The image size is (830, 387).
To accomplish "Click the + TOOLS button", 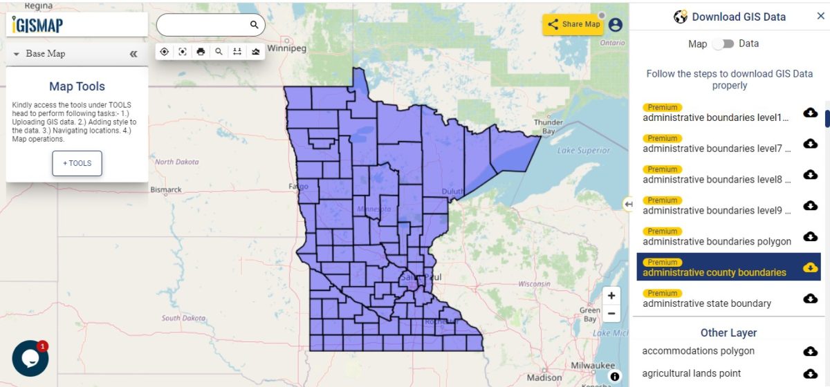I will pos(77,163).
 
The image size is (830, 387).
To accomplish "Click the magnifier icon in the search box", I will pos(254,25).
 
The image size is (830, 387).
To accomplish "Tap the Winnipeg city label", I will pos(282,49).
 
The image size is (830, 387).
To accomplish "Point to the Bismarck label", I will pos(166,189).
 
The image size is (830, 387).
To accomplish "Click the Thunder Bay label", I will pos(548,126).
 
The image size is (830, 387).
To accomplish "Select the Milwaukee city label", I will pos(593,365).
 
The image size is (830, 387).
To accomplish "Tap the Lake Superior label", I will pos(584,151).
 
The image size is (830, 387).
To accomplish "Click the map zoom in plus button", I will pos(611,296).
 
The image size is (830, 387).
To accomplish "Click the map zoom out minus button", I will pos(611,313).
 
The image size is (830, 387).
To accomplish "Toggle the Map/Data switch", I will pos(723,44).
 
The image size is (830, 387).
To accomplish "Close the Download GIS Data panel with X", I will pos(820,17).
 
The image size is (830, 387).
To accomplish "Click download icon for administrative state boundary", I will pos(810,299).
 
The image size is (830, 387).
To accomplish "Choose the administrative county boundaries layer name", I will pos(714,272).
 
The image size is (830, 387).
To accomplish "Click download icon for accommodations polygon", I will pos(810,352).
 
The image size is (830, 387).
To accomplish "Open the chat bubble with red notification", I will pos(30,358).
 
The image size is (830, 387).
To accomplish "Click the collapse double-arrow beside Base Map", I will pos(133,54).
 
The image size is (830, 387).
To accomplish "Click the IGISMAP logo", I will pos(38,25).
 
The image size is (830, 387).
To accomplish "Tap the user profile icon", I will pos(615,25).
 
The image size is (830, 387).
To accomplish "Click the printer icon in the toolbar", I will pos(201,52).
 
